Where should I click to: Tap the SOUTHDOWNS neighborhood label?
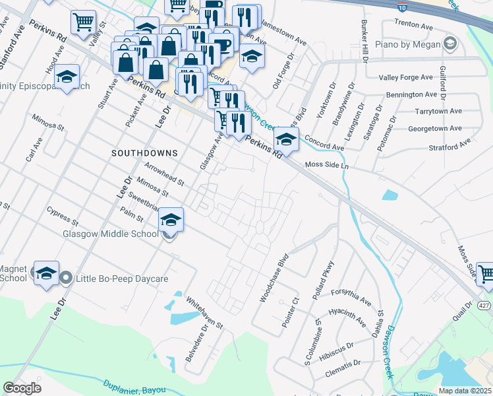(x=144, y=153)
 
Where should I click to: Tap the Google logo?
(x=22, y=388)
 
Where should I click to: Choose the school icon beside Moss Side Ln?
(x=286, y=140)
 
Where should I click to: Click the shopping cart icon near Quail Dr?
(x=486, y=275)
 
